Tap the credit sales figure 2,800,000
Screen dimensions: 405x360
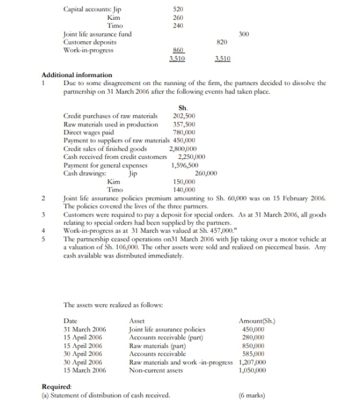coord(182,148)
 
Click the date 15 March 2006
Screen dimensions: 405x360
coord(84,371)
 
